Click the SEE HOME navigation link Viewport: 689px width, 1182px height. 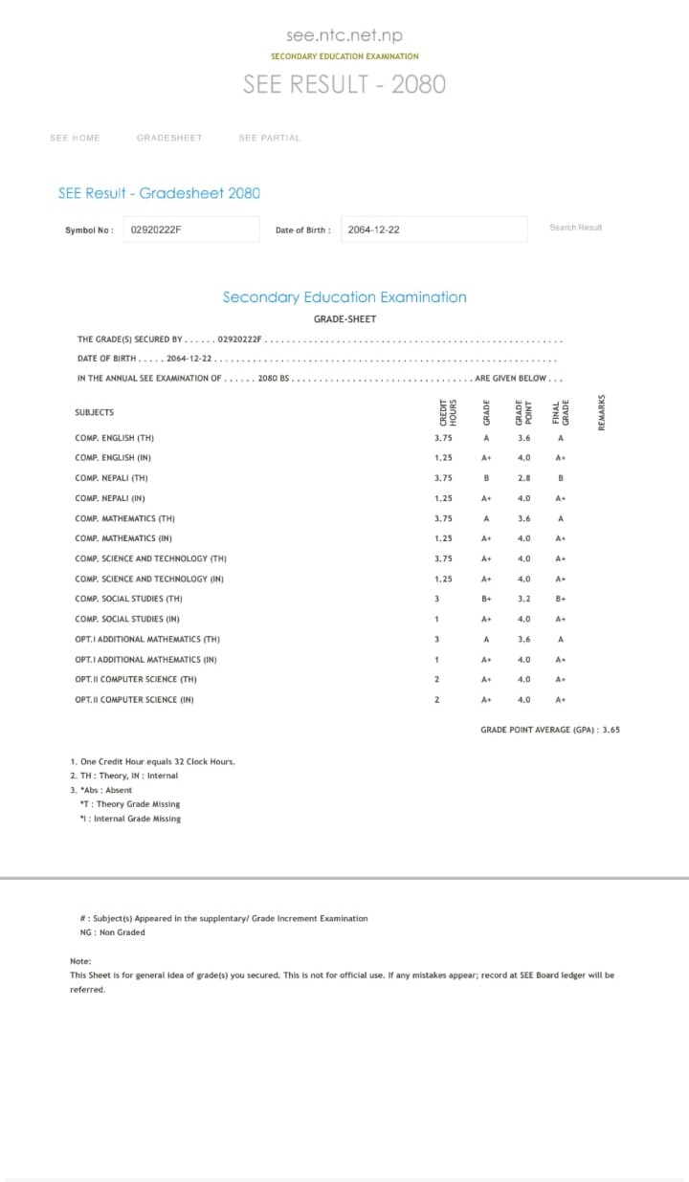[x=75, y=138]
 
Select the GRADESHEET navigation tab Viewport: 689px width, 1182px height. [x=169, y=138]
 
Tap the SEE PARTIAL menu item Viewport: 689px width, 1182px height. [x=269, y=138]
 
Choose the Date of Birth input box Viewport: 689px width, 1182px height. [x=433, y=230]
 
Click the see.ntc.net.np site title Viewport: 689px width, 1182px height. [x=344, y=35]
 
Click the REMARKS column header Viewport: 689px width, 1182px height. [x=602, y=412]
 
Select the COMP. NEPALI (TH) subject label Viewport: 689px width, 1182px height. [x=111, y=478]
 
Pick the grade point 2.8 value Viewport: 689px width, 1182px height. [x=523, y=478]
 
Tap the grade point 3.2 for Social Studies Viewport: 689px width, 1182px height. [x=523, y=599]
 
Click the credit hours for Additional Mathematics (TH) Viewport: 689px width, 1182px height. [x=436, y=639]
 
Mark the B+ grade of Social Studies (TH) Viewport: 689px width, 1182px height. [x=486, y=599]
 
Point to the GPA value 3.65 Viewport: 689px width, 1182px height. [x=610, y=730]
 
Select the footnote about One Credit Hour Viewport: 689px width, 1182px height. [x=152, y=761]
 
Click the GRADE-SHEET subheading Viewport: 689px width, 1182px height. [x=344, y=318]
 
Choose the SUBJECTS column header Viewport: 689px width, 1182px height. [x=94, y=412]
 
